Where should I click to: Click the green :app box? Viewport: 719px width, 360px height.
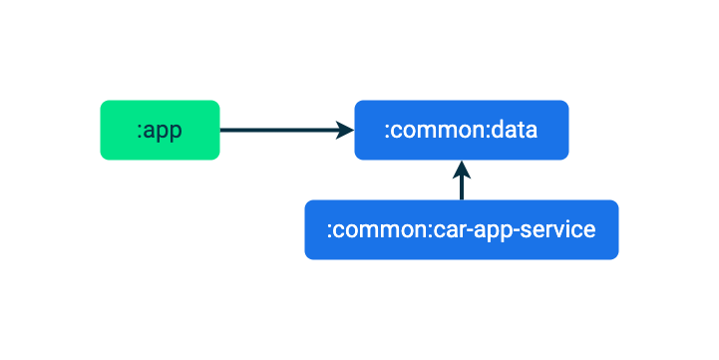[x=160, y=130]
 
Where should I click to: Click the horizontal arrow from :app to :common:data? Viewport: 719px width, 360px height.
[x=279, y=130]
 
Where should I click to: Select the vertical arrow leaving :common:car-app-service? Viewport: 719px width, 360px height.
[x=461, y=187]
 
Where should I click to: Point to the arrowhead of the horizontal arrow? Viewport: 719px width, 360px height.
[x=345, y=130]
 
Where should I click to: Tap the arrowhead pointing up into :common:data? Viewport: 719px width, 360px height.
[x=461, y=167]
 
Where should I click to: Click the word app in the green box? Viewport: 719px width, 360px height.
[x=164, y=131]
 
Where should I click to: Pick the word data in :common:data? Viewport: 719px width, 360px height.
[x=517, y=130]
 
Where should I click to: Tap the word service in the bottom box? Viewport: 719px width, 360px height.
[x=561, y=230]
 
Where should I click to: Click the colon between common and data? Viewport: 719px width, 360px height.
[x=490, y=131]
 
